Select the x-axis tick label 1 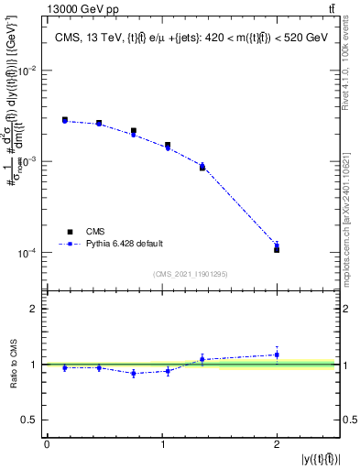[161, 443]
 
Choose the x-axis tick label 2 [277, 443]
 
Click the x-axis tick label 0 [46, 443]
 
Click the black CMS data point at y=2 [277, 249]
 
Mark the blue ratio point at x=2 [277, 354]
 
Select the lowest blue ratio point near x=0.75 [134, 374]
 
